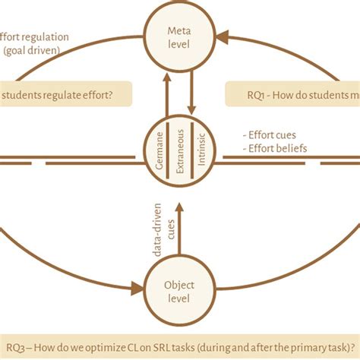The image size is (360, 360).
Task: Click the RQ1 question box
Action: point(292,95)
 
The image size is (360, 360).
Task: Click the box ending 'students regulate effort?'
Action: point(65,95)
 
